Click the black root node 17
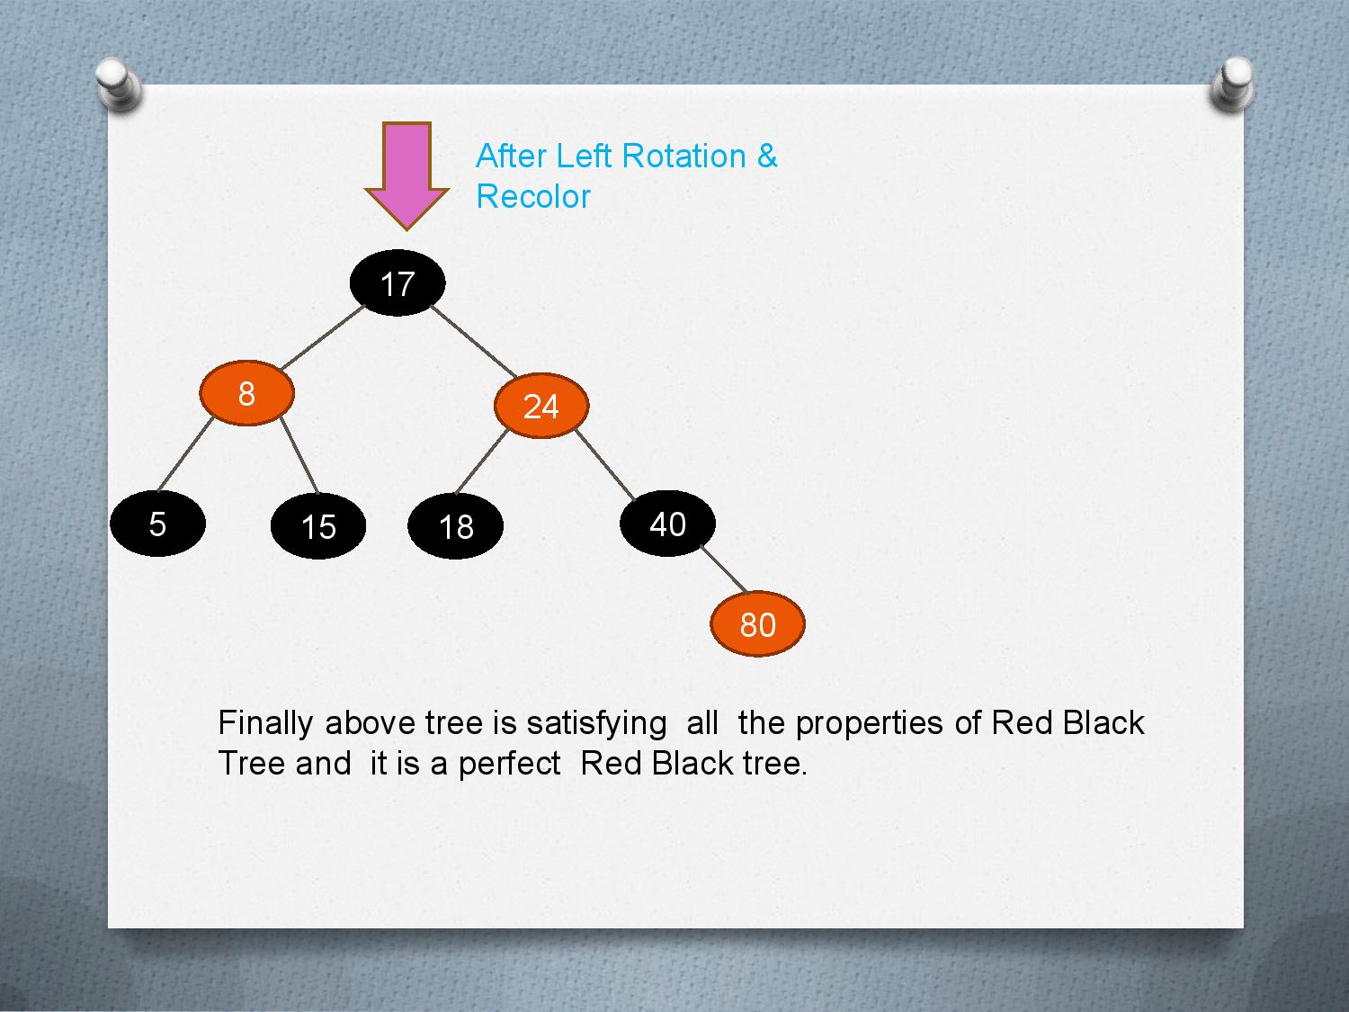[398, 283]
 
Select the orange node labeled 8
[246, 393]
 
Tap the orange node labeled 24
[540, 406]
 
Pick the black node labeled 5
[157, 524]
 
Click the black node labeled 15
[318, 526]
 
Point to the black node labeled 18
[455, 526]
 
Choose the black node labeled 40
[667, 524]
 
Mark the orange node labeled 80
[757, 624]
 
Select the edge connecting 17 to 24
[474, 340]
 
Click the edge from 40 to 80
[724, 569]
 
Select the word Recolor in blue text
[533, 196]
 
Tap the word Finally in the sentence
[265, 722]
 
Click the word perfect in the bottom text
[509, 763]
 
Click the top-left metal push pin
[118, 85]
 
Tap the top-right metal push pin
[1230, 85]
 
